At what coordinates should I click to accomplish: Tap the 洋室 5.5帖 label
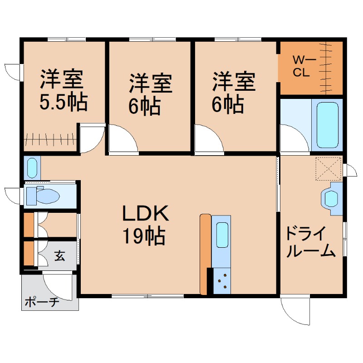(x=63, y=91)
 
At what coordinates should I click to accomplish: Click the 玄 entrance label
(x=60, y=256)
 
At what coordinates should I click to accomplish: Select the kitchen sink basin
(x=222, y=235)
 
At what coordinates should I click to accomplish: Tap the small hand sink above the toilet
(x=32, y=168)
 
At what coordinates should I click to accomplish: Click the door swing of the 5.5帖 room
(x=91, y=138)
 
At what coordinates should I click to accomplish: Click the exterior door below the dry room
(x=295, y=311)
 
